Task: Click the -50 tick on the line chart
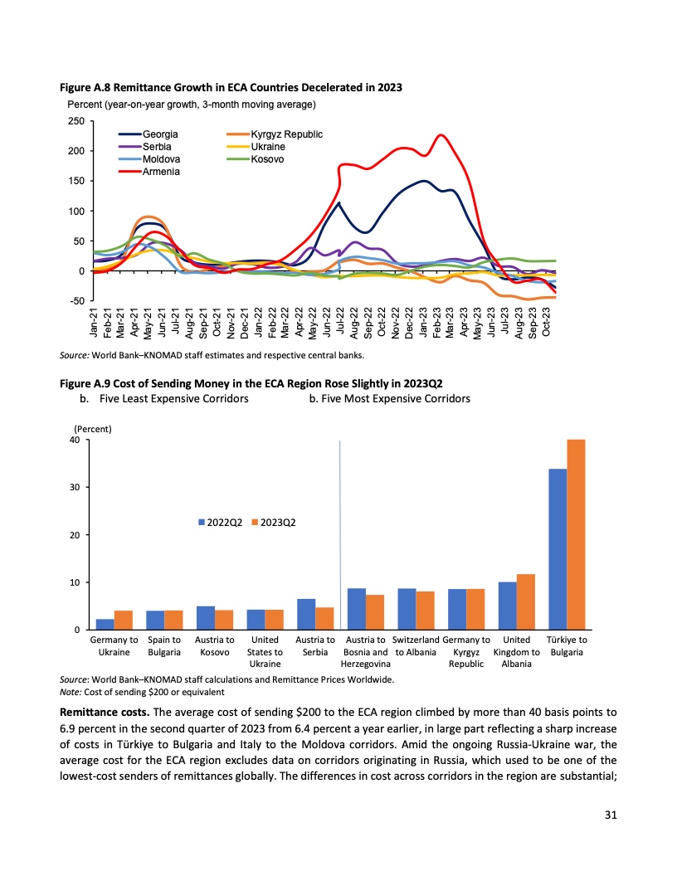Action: pyautogui.click(x=75, y=301)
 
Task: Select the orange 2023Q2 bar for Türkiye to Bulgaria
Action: pyautogui.click(x=576, y=534)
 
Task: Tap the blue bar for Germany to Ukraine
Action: pyautogui.click(x=105, y=625)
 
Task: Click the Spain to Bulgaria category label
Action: pyautogui.click(x=163, y=646)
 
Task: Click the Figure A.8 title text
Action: pyautogui.click(x=231, y=88)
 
